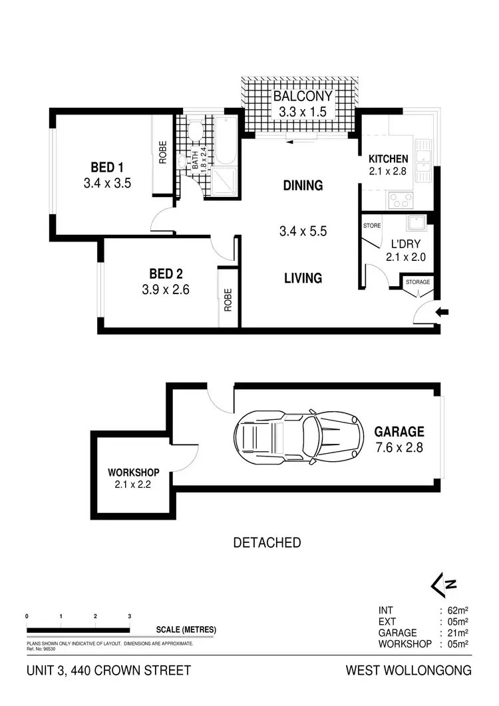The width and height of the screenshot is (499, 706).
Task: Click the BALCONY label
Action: (303, 96)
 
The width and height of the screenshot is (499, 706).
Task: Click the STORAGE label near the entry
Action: (418, 282)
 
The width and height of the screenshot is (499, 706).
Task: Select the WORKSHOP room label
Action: (134, 472)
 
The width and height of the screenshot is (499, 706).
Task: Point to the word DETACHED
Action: (266, 543)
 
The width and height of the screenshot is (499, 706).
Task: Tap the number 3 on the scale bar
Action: (130, 616)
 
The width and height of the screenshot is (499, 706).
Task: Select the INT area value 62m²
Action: (458, 610)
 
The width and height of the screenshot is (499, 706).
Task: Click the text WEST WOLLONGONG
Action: (409, 671)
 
